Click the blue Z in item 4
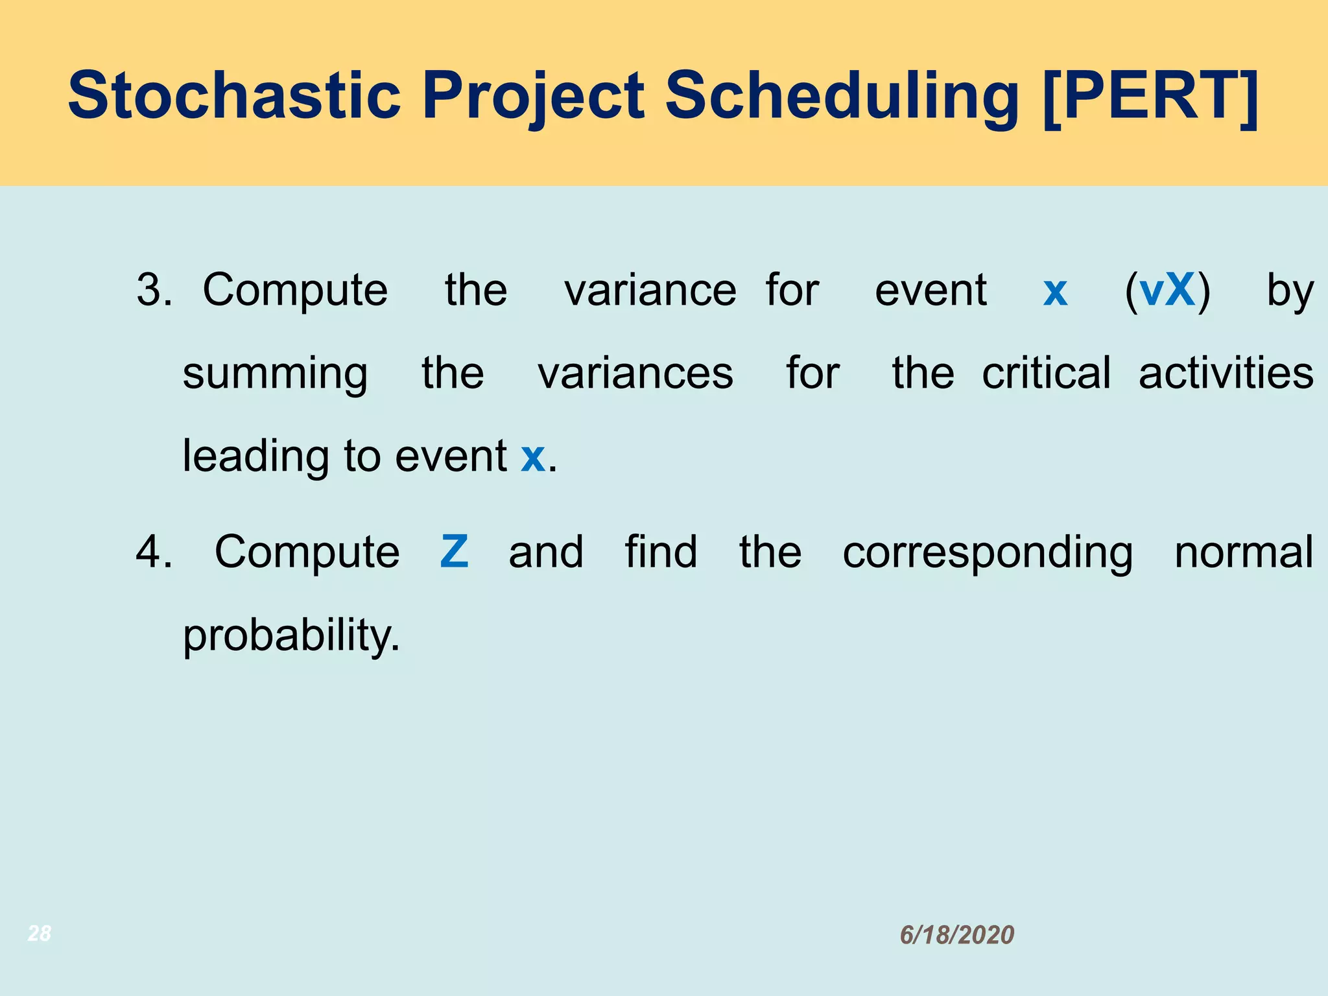coord(454,552)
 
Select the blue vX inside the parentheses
coord(1167,290)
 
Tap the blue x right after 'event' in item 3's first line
coord(1055,292)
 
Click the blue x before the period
coord(532,457)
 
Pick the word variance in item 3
coord(650,290)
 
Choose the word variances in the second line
coord(635,373)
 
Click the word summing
coord(275,375)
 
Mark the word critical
coord(1046,373)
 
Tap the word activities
coord(1226,373)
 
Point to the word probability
coord(291,635)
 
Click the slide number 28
coord(40,933)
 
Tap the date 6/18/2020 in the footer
coord(956,934)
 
